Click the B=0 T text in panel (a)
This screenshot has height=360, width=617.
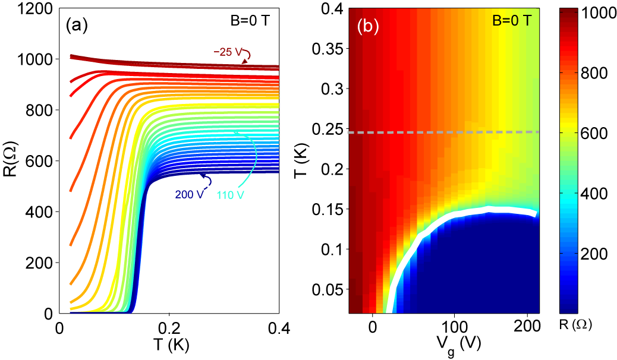253,18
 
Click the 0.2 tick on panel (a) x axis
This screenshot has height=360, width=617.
169,327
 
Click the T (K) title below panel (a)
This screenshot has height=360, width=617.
169,345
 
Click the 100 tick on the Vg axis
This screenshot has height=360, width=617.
454,327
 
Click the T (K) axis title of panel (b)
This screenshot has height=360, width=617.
301,160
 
